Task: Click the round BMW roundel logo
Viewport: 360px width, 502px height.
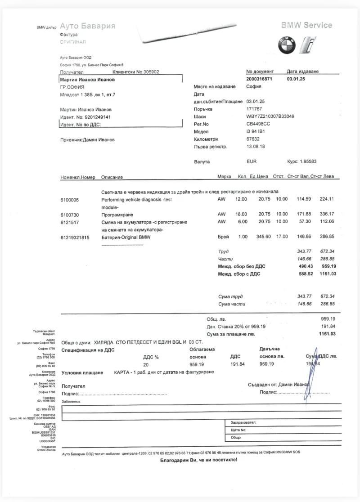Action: [x=286, y=45]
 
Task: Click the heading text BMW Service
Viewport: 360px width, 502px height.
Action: [x=306, y=25]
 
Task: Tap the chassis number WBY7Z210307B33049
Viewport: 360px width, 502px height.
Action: [x=270, y=116]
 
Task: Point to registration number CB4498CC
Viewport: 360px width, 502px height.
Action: [x=258, y=124]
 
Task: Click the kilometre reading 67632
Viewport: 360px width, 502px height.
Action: [x=254, y=139]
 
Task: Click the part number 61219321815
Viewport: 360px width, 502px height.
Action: [x=75, y=237]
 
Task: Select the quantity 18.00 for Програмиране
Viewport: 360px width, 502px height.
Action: [x=242, y=215]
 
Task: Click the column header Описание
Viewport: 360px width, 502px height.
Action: [x=112, y=177]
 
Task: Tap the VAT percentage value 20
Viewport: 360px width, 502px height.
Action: [x=145, y=364]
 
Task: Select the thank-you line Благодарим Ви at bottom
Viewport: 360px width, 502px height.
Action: [x=198, y=460]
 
